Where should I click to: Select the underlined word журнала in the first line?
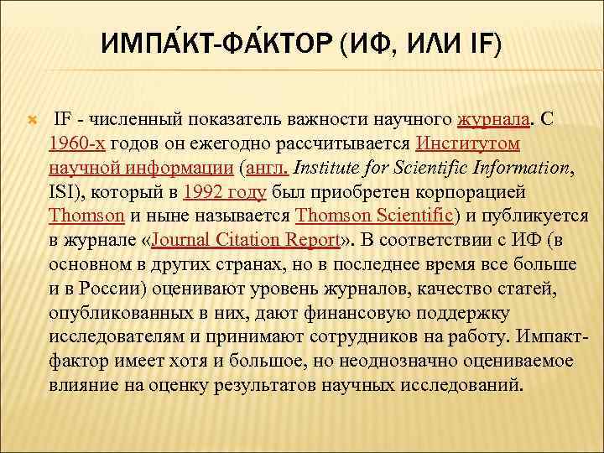click(x=494, y=119)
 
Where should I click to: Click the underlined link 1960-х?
click(x=77, y=143)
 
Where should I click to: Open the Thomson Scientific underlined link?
click(x=374, y=216)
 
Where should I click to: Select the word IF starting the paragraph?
click(x=63, y=119)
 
